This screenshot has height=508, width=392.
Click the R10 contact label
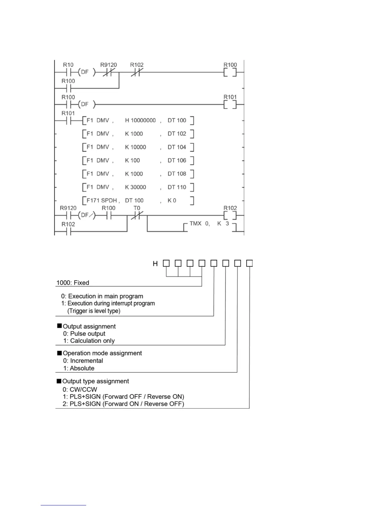(68, 65)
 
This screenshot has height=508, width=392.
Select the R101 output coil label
(230, 97)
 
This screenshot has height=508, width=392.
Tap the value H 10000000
(140, 120)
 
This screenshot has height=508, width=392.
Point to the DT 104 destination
(177, 147)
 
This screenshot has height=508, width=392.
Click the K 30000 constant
(135, 187)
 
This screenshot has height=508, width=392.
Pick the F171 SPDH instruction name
(102, 200)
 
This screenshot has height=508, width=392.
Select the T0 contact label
(137, 208)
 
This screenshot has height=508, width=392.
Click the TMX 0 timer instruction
(199, 224)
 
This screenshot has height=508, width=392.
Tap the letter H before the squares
(155, 264)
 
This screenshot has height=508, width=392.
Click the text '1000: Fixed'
(73, 283)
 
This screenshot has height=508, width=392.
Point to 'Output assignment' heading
(89, 326)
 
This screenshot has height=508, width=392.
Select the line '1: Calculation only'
(89, 341)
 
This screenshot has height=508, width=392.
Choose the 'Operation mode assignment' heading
(102, 353)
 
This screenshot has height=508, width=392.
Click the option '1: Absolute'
(79, 368)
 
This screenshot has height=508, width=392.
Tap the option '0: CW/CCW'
(80, 389)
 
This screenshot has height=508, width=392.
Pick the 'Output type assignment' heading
(95, 381)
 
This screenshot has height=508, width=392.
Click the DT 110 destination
(177, 187)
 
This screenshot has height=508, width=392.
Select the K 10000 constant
(135, 147)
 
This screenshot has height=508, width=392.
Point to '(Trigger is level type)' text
(94, 311)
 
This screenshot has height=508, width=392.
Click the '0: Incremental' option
(83, 360)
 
